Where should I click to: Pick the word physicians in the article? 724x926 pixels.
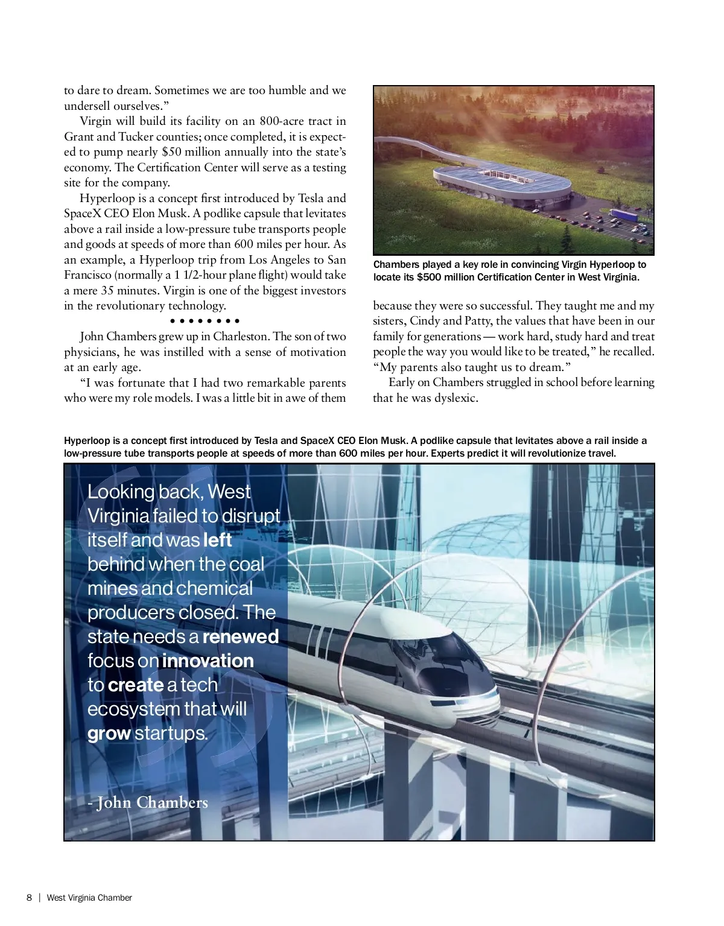pos(91,352)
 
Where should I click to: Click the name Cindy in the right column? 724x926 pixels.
pos(426,321)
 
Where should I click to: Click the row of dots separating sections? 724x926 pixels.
pos(205,321)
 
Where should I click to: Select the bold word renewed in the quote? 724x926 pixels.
pos(240,637)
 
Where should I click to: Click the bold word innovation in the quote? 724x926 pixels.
pos(208,661)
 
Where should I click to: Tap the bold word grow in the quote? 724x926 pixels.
pos(109,734)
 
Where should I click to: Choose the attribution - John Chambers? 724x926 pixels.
pos(148,803)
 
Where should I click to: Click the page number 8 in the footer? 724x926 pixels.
pos(29,898)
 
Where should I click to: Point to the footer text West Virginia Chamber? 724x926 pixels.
pos(89,898)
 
